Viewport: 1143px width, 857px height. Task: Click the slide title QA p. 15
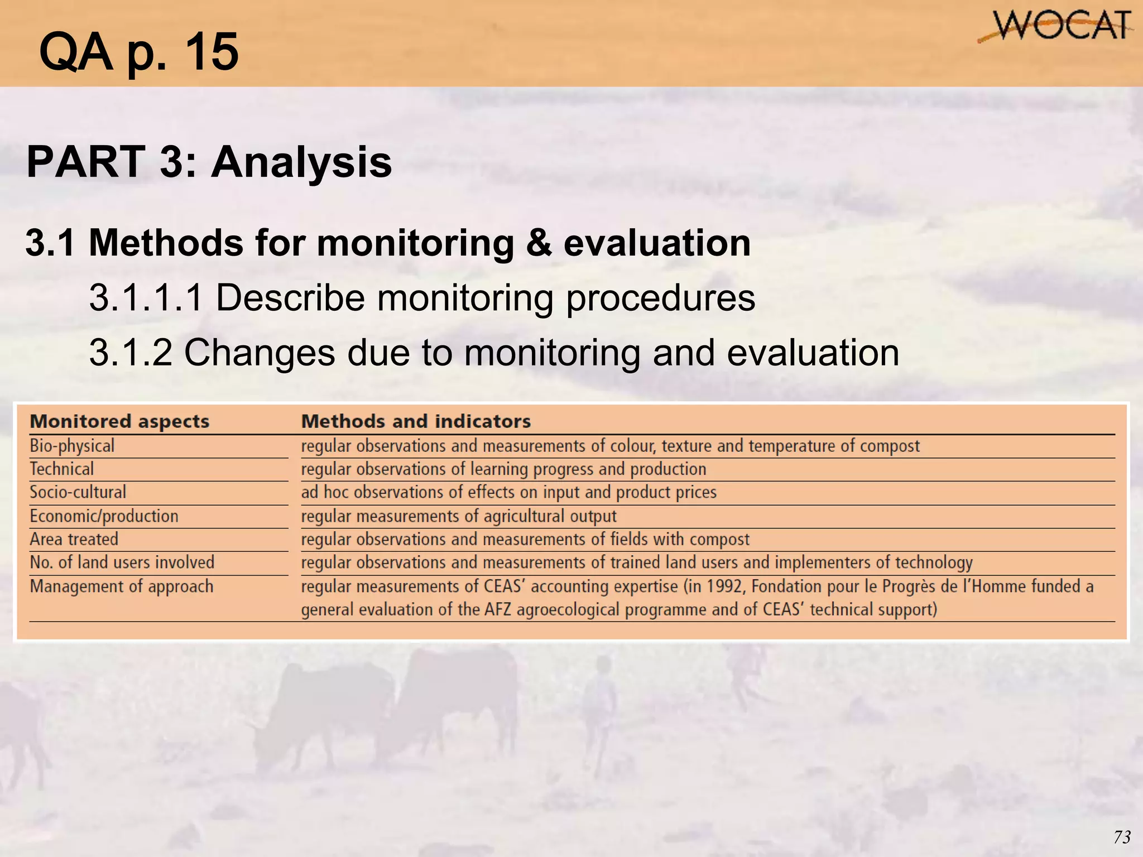pyautogui.click(x=138, y=51)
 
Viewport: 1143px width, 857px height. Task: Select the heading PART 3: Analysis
pyautogui.click(x=209, y=162)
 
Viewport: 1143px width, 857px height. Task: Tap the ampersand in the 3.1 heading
pyautogui.click(x=538, y=243)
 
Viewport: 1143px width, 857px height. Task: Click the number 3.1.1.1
pyautogui.click(x=146, y=297)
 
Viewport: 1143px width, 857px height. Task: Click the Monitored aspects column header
pyautogui.click(x=119, y=421)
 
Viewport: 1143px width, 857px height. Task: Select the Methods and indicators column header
pyautogui.click(x=416, y=421)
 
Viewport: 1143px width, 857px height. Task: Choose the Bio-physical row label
pyautogui.click(x=72, y=446)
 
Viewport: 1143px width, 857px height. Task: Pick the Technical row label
pyautogui.click(x=62, y=469)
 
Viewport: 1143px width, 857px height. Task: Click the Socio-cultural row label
pyautogui.click(x=78, y=492)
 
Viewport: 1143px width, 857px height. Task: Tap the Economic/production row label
pyautogui.click(x=104, y=516)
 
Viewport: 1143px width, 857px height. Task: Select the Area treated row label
pyautogui.click(x=74, y=540)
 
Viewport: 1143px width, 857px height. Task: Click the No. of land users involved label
pyautogui.click(x=122, y=562)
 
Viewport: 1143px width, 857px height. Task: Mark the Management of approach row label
pyautogui.click(x=122, y=586)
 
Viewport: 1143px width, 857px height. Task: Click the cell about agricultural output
pyautogui.click(x=459, y=516)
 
